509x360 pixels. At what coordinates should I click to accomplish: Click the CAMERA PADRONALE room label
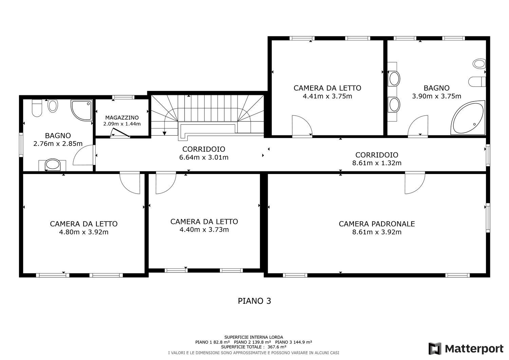coord(377,224)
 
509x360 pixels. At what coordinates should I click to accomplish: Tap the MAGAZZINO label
coord(122,118)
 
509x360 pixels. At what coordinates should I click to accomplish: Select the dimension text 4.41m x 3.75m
coord(327,96)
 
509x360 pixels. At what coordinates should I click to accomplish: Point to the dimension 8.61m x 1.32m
coord(377,163)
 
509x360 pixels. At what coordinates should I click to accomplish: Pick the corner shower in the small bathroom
coord(81,110)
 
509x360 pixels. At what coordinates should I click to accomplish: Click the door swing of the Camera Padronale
coord(415,183)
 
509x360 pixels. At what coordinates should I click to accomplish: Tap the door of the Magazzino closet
coord(120,133)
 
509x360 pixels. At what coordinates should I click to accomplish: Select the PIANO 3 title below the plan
coord(254,301)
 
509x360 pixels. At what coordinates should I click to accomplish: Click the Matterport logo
coord(466,349)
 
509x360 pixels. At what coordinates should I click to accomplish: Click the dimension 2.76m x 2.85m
coord(58,144)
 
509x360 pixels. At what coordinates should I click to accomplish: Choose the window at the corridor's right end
coord(488,155)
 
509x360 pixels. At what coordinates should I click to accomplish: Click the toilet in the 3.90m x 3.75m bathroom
coord(477,81)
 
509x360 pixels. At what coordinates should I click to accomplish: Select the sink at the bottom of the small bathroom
coord(53,164)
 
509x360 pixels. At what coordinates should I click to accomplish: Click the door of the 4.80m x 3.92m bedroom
coord(130,183)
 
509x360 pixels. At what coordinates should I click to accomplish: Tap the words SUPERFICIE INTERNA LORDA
coord(253,337)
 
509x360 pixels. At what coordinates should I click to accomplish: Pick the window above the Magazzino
coord(123,97)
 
